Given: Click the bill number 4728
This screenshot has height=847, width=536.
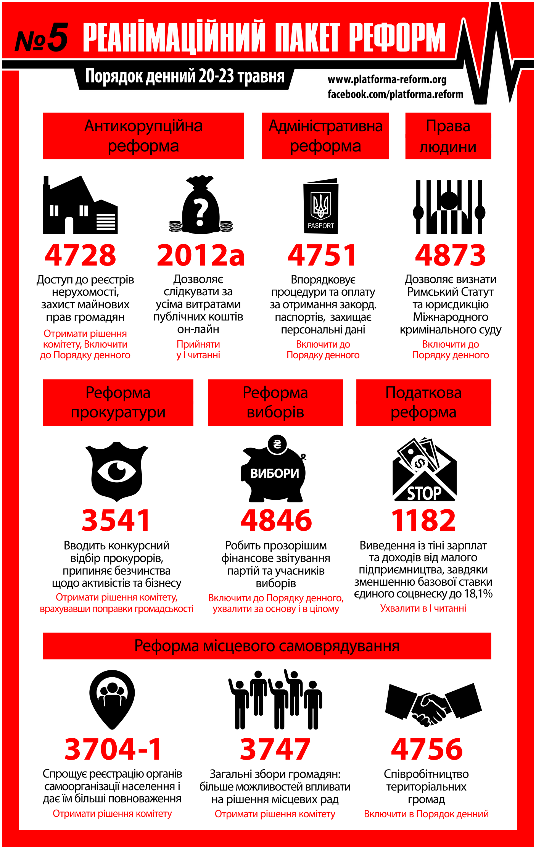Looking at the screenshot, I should (x=80, y=255).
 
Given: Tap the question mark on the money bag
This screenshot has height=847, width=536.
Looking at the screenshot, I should (x=201, y=213).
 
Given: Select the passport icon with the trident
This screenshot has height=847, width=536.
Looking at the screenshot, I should (x=321, y=206).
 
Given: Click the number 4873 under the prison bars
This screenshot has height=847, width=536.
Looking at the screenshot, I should (x=450, y=255).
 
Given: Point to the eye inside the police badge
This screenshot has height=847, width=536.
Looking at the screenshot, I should (x=117, y=471).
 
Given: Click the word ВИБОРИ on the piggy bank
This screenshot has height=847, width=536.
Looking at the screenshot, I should (x=275, y=473).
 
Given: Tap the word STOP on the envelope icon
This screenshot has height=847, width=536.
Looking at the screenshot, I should (x=424, y=493).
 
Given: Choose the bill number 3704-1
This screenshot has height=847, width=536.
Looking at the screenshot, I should (x=113, y=749).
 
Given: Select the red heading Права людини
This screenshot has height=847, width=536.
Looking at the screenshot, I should (x=448, y=136).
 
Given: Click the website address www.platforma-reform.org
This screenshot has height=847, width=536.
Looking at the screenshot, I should (x=387, y=80).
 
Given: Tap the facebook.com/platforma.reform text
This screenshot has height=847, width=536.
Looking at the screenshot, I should (x=395, y=94).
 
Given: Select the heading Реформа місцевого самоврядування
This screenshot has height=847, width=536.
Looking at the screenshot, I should (x=267, y=646).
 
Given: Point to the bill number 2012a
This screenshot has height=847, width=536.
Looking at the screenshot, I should (x=201, y=255).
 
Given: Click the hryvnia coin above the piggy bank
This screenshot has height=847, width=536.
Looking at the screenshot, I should (x=277, y=444).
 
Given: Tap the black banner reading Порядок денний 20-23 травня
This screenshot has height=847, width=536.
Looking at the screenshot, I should (x=185, y=76).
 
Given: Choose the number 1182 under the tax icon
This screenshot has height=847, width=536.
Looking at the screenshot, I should (x=423, y=520).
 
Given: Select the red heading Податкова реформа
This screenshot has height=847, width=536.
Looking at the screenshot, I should (x=423, y=403).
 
